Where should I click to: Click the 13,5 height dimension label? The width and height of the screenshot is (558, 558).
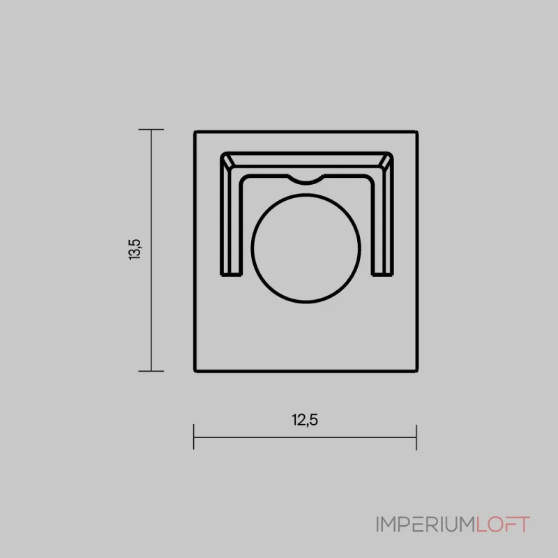tap(135, 250)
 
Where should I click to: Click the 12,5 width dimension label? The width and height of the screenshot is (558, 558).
tap(305, 420)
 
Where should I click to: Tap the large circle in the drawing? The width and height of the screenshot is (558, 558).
tap(306, 248)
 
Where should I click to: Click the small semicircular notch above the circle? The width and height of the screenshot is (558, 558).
tap(306, 180)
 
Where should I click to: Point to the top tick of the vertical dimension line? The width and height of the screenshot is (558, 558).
tap(151, 130)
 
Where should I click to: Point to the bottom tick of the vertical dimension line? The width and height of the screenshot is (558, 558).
tap(151, 371)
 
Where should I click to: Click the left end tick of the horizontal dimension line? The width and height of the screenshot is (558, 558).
tap(194, 437)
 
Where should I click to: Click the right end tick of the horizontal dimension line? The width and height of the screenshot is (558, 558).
tap(416, 437)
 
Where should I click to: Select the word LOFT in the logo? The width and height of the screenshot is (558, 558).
tap(503, 525)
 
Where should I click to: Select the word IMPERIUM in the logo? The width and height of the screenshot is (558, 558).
tap(426, 525)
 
